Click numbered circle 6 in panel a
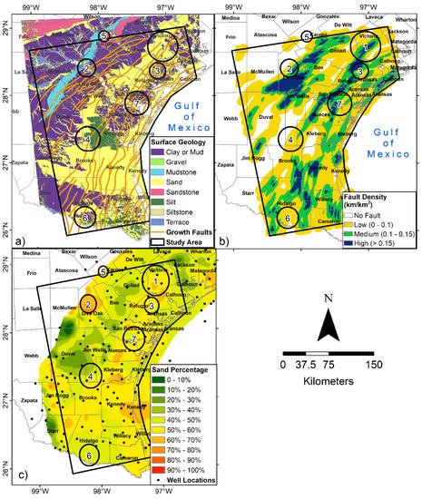coord(86,218)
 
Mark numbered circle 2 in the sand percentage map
coord(88,305)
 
